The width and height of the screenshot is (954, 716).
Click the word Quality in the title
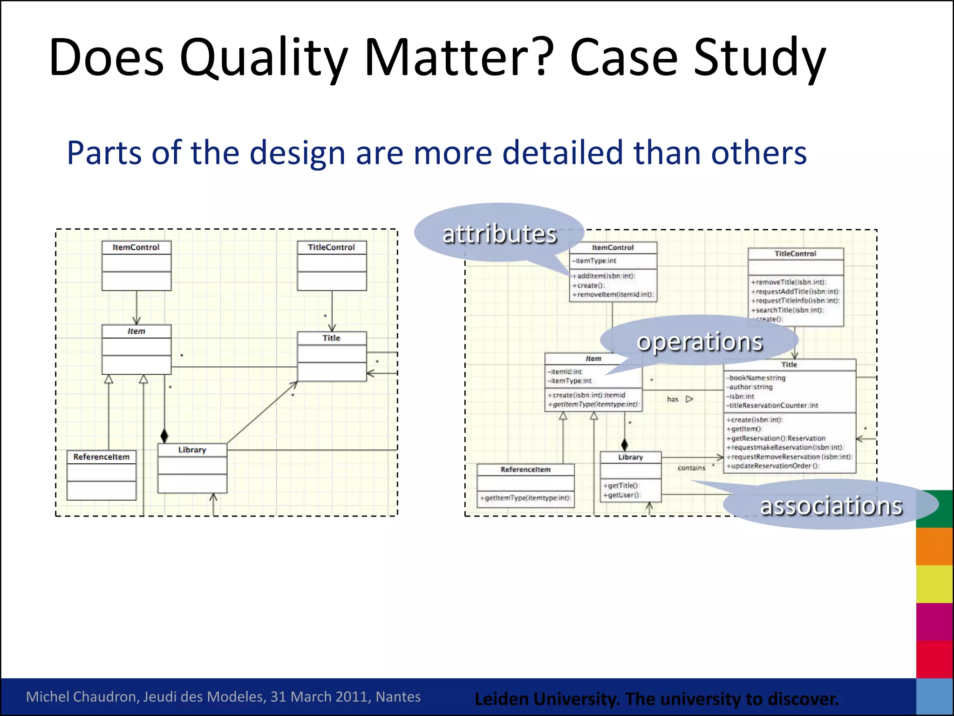tap(263, 58)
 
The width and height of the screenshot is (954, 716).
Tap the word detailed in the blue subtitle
tap(562, 153)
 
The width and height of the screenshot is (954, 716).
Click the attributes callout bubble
tap(499, 234)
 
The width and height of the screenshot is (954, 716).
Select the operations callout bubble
tap(700, 341)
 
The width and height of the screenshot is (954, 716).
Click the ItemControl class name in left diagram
tap(136, 248)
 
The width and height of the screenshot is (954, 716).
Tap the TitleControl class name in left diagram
tap(331, 248)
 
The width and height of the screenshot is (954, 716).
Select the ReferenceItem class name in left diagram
tap(101, 457)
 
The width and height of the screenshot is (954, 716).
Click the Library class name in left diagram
tap(192, 450)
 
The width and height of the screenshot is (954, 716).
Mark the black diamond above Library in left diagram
tap(164, 436)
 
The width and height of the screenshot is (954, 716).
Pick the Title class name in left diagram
tap(331, 338)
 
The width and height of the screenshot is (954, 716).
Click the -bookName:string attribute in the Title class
tap(756, 378)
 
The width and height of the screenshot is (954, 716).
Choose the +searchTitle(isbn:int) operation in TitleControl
tap(788, 310)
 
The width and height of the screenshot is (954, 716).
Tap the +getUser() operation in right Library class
tap(622, 495)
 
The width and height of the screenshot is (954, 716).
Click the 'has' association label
tap(672, 399)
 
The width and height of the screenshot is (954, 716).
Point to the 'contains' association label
tap(691, 468)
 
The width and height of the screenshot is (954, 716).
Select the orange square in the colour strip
tap(934, 546)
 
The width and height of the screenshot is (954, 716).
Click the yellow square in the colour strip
tap(934, 584)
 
